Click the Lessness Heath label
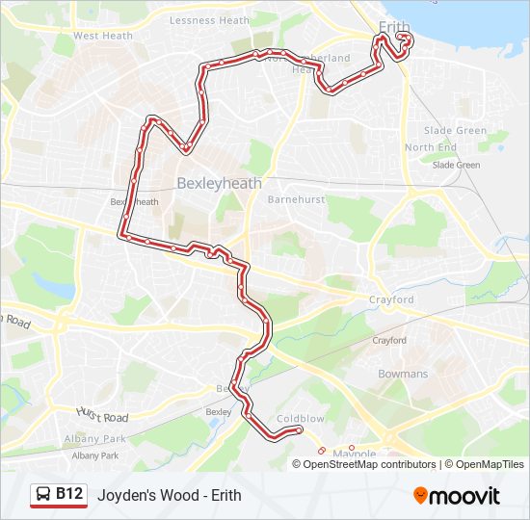[x=209, y=20]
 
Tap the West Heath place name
[x=103, y=36]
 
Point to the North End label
[x=431, y=147]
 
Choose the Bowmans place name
[x=403, y=374]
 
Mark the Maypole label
[x=354, y=454]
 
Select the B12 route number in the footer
[x=68, y=494]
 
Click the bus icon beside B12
[x=43, y=495]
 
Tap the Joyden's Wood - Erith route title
[x=169, y=496]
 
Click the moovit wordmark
[x=465, y=496]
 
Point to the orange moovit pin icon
[x=421, y=495]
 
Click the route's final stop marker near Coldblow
[x=300, y=429]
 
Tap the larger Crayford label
[x=391, y=300]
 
